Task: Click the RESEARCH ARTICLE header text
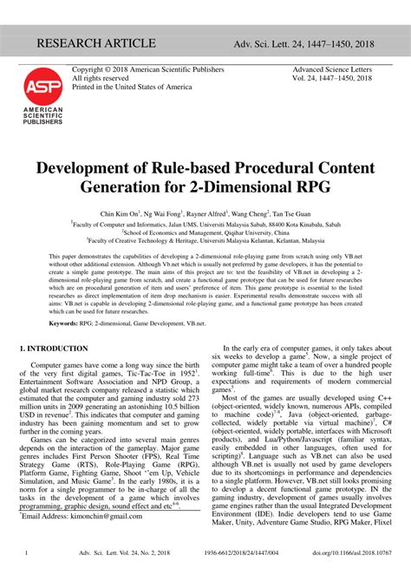(96, 43)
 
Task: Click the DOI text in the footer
(350, 552)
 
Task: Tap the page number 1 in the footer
(28, 552)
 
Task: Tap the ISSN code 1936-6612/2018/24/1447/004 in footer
(254, 552)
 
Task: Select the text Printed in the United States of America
(131, 88)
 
